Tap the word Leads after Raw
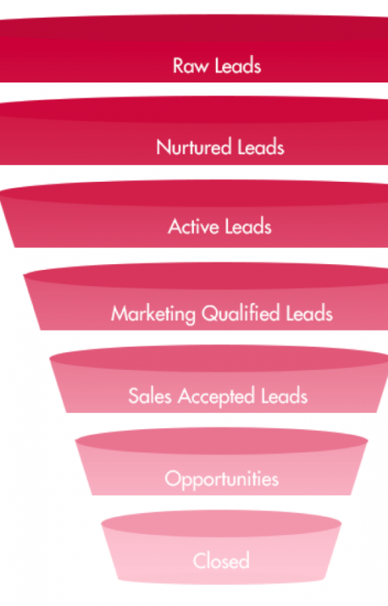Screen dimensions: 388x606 click(238, 65)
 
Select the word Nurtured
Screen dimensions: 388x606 click(193, 147)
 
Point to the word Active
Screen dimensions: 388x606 click(192, 226)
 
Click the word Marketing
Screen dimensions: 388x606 click(153, 314)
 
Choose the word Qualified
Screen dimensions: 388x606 click(240, 313)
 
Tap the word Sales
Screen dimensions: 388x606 click(150, 396)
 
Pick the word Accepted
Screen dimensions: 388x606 click(216, 397)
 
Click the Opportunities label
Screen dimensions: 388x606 click(221, 479)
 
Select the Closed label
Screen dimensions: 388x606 click(221, 561)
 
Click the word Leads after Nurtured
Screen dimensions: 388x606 click(261, 147)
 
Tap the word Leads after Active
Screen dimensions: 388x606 click(247, 226)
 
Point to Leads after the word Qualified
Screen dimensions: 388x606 click(309, 314)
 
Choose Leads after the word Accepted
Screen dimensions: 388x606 click(285, 396)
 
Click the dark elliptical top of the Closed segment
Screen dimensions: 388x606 click(221, 524)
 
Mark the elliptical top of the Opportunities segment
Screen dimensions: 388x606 click(221, 440)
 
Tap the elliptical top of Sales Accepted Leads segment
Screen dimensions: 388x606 click(219, 358)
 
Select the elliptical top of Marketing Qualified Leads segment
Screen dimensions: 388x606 click(205, 276)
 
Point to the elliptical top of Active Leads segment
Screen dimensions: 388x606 click(194, 193)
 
